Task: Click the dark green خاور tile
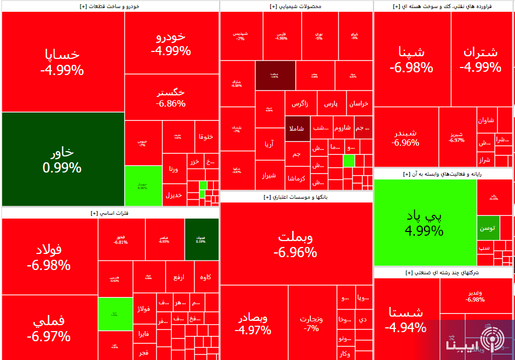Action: [x=63, y=159]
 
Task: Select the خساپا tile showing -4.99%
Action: [x=63, y=62]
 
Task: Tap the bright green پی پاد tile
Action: [x=426, y=223]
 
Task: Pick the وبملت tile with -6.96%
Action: [x=296, y=244]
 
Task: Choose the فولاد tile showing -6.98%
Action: [x=49, y=257]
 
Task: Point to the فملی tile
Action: [x=49, y=328]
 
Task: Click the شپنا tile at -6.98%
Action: [x=412, y=59]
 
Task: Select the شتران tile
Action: [x=480, y=59]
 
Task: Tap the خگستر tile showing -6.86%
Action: [x=171, y=97]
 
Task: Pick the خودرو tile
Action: [x=171, y=43]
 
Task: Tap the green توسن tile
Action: [x=488, y=228]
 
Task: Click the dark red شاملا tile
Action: [x=297, y=129]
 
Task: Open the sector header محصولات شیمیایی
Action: [x=296, y=6]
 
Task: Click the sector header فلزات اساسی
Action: [x=110, y=213]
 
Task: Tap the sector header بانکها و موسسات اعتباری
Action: [x=296, y=197]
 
